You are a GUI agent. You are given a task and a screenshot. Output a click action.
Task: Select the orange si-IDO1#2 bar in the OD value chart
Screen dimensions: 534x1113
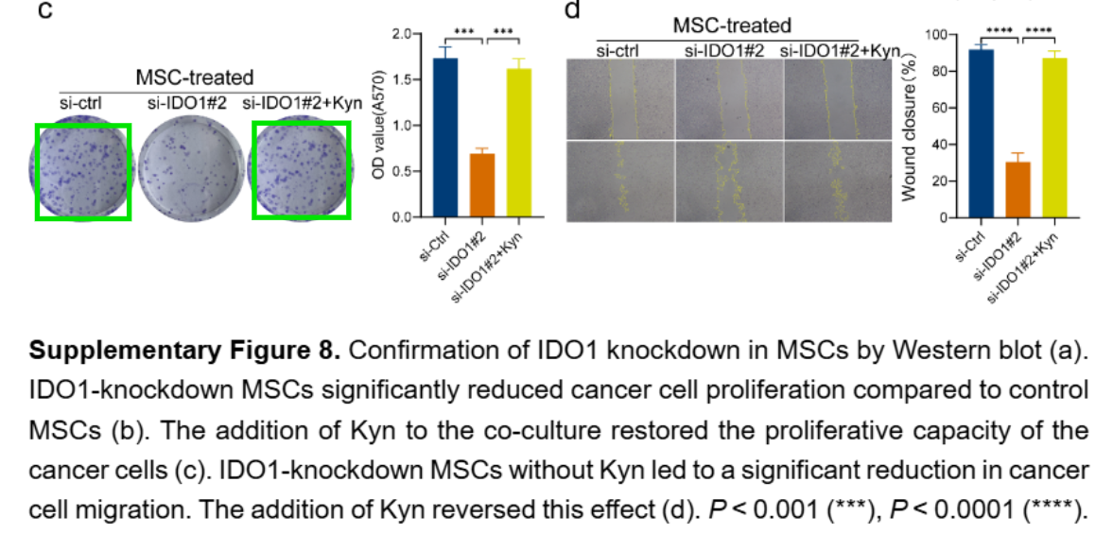click(x=481, y=185)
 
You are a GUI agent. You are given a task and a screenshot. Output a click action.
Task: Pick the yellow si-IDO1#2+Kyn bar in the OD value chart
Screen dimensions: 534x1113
click(x=518, y=143)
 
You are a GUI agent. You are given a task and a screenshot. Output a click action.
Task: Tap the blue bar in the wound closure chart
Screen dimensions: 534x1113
click(x=981, y=133)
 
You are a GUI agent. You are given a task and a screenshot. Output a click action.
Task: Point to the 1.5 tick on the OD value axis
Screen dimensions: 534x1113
click(x=404, y=79)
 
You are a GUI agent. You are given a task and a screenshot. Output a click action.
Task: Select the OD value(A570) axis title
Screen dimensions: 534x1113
click(x=378, y=125)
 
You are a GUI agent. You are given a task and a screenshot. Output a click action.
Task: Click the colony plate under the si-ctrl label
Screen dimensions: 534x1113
click(x=82, y=170)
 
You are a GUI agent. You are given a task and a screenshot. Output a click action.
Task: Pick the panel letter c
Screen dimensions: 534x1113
click(x=43, y=12)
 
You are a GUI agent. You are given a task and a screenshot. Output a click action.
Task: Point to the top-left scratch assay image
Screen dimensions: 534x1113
click(x=619, y=98)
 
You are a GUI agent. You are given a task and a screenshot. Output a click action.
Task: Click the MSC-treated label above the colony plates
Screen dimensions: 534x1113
click(x=195, y=78)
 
